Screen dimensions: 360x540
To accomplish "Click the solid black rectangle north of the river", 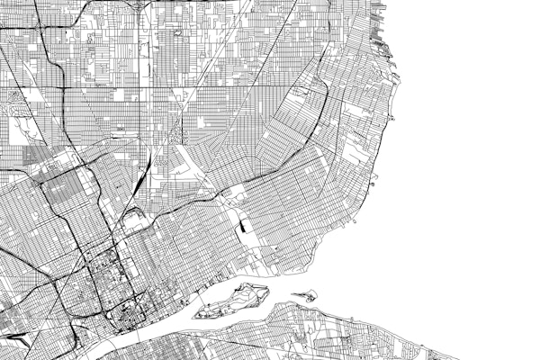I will pyautogui.click(x=244, y=227).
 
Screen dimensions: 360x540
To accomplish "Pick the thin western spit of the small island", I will pyautogui.click(x=296, y=296).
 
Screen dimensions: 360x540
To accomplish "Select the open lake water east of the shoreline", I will pyautogui.click(x=468, y=162).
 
